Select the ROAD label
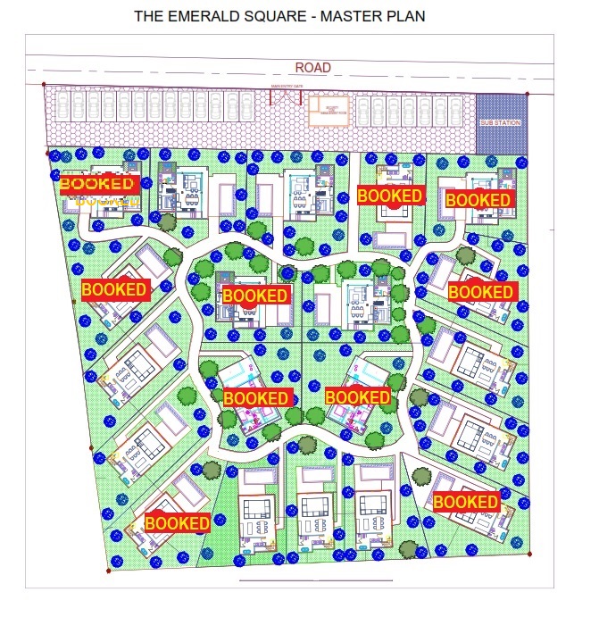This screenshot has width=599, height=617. click(313, 68)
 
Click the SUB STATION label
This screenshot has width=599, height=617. click(500, 121)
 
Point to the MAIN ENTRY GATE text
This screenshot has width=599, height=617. click(287, 87)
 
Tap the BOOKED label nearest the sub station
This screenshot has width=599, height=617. click(478, 199)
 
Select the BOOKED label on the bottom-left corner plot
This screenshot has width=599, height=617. click(177, 522)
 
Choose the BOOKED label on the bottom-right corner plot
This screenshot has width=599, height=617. click(465, 503)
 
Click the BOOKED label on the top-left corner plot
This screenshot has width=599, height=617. click(97, 185)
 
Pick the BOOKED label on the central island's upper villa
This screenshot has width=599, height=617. click(255, 296)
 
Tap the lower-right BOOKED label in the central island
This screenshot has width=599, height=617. click(358, 396)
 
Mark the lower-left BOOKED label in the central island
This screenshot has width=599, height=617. click(256, 397)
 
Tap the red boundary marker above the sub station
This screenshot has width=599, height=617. click(528, 93)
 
